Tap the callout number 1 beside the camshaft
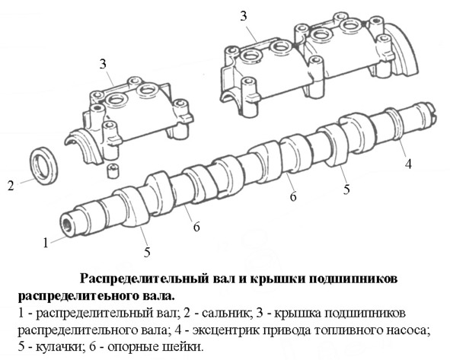pyautogui.click(x=46, y=243)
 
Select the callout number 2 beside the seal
pyautogui.click(x=11, y=186)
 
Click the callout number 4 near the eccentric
pyautogui.click(x=408, y=164)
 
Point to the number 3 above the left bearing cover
pyautogui.click(x=103, y=64)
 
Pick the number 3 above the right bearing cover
pyautogui.click(x=244, y=16)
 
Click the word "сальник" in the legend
pyautogui.click(x=225, y=314)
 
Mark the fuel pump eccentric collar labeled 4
pyautogui.click(x=394, y=124)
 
